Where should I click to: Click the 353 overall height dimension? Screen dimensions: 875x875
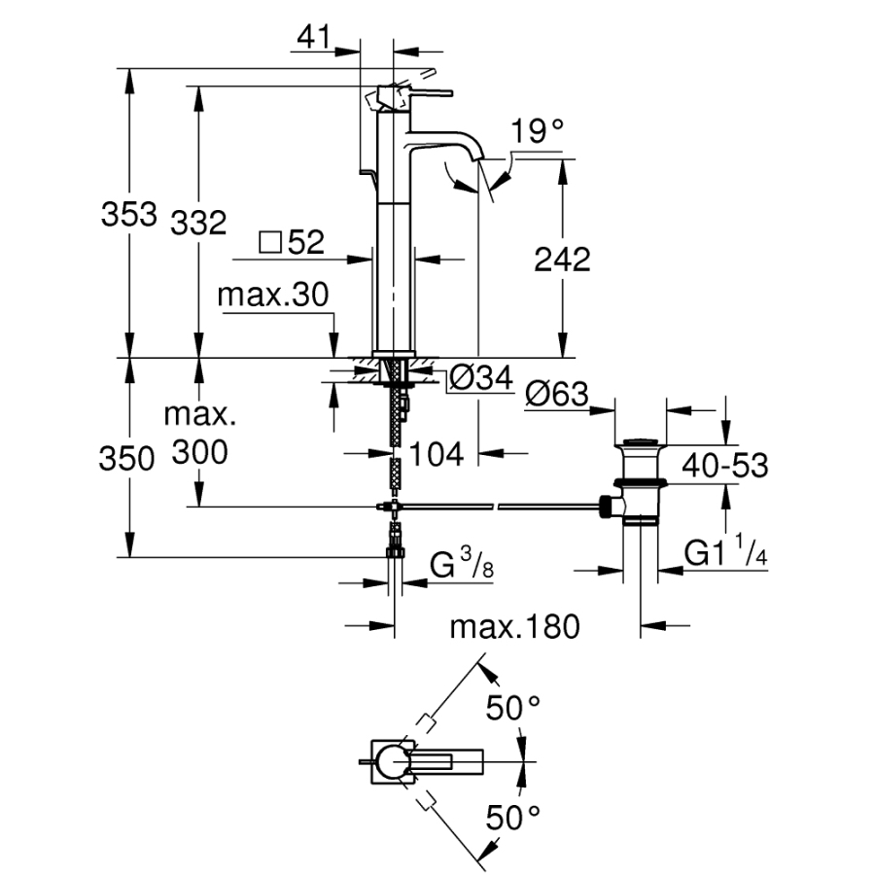129,214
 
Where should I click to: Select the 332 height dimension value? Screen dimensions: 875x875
198,223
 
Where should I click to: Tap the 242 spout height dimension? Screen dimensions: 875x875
562,260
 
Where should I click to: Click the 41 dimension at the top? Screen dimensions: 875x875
312,38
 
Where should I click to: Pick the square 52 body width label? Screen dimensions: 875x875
293,243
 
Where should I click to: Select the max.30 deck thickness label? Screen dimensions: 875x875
273,296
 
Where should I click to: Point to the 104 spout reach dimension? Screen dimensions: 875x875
434,453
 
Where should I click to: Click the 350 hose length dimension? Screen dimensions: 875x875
127,458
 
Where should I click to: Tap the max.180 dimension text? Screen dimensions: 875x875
514,626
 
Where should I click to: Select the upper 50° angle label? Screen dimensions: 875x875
512,708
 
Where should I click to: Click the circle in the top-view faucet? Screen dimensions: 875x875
393,761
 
